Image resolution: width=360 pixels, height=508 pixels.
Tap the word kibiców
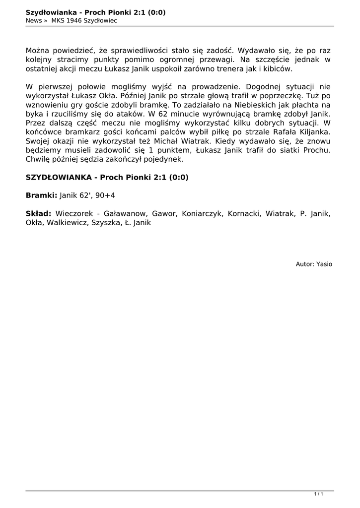(x=279, y=68)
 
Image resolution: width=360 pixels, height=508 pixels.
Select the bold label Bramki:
(x=41, y=195)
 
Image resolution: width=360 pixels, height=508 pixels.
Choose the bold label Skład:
(x=38, y=214)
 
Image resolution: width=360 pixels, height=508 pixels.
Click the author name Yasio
(x=324, y=264)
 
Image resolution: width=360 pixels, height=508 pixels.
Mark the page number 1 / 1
(x=319, y=494)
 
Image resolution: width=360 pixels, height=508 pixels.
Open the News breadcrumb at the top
(x=34, y=20)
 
